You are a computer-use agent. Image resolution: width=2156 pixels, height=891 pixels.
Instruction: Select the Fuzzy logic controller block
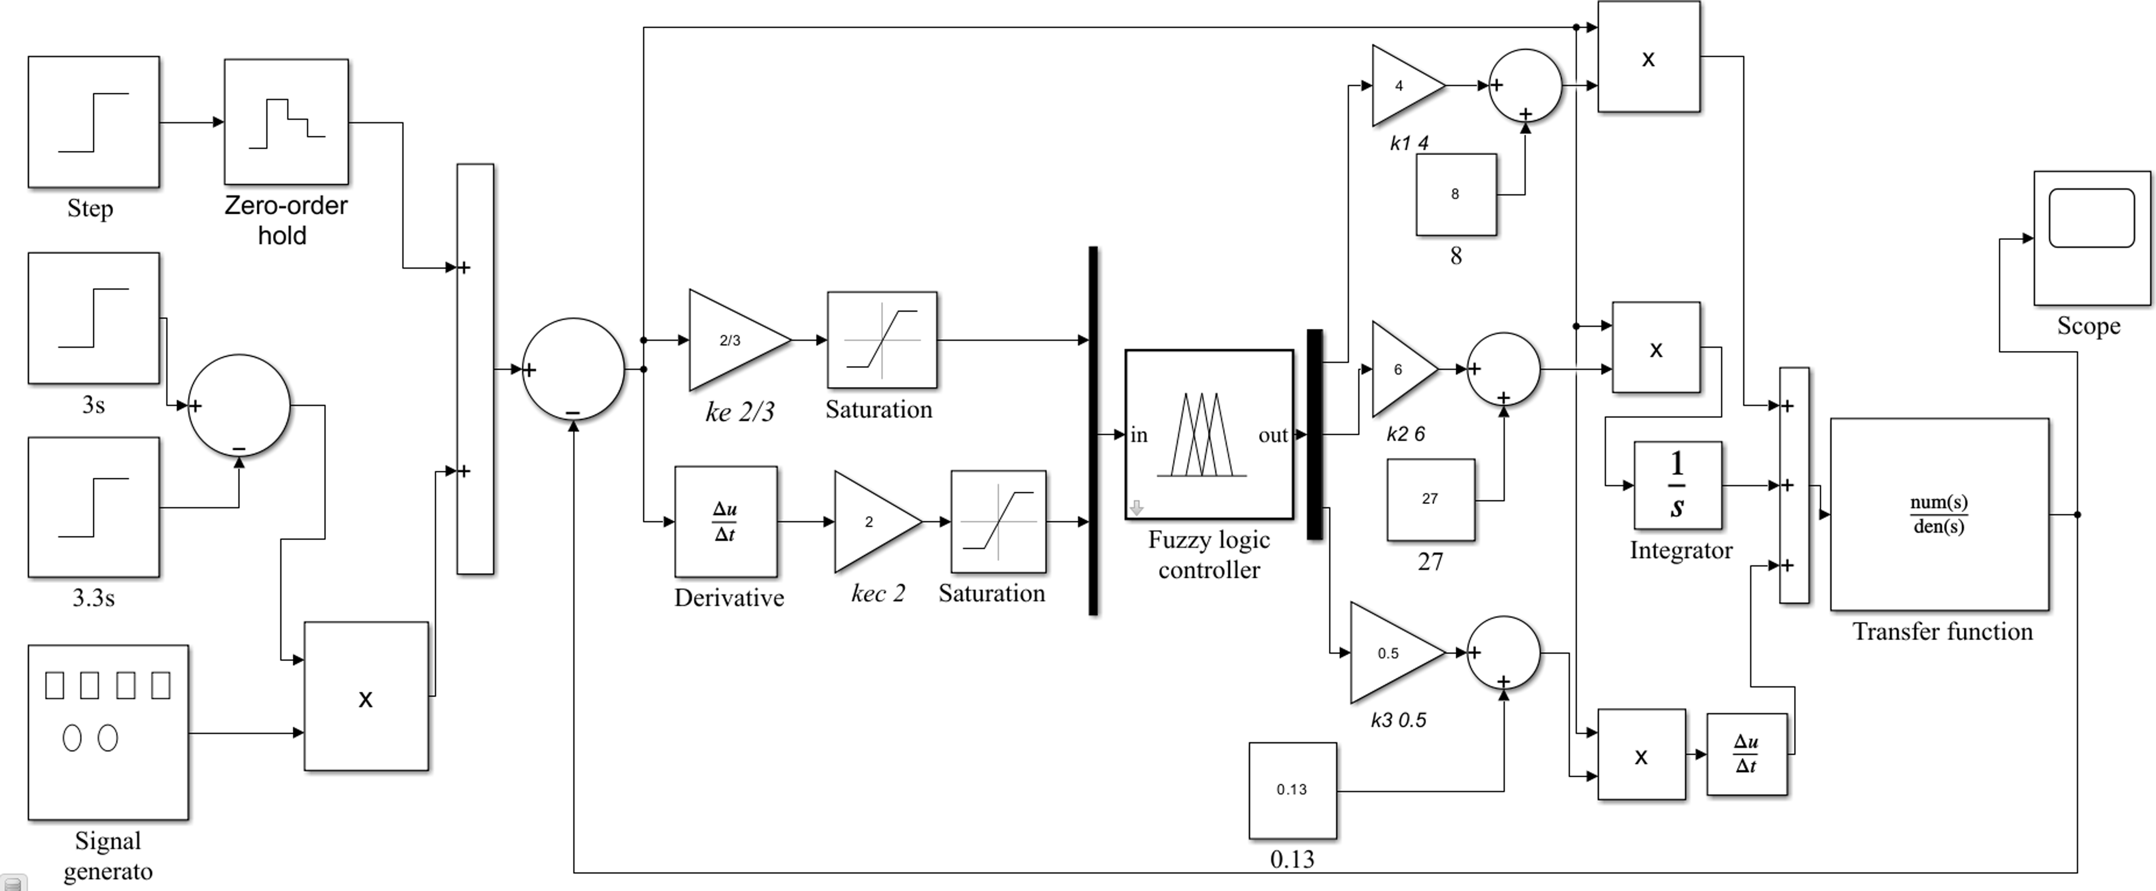click(1208, 434)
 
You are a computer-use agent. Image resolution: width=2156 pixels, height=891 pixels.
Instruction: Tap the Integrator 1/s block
click(1677, 485)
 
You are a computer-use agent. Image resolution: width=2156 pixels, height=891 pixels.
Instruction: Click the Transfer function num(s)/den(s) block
click(1939, 514)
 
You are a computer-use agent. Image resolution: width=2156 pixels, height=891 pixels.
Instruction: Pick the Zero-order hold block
click(286, 122)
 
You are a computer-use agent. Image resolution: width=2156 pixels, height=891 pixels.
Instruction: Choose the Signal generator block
click(108, 732)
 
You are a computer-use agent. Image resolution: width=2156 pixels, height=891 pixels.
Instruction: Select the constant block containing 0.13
click(1292, 790)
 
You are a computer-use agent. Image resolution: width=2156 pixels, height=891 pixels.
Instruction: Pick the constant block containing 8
click(1456, 194)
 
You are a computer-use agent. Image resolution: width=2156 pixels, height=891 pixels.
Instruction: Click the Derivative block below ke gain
click(725, 521)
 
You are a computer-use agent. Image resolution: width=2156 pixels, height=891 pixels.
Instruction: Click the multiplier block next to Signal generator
click(366, 696)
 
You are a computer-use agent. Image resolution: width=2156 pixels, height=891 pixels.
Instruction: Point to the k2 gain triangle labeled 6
click(1400, 369)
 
